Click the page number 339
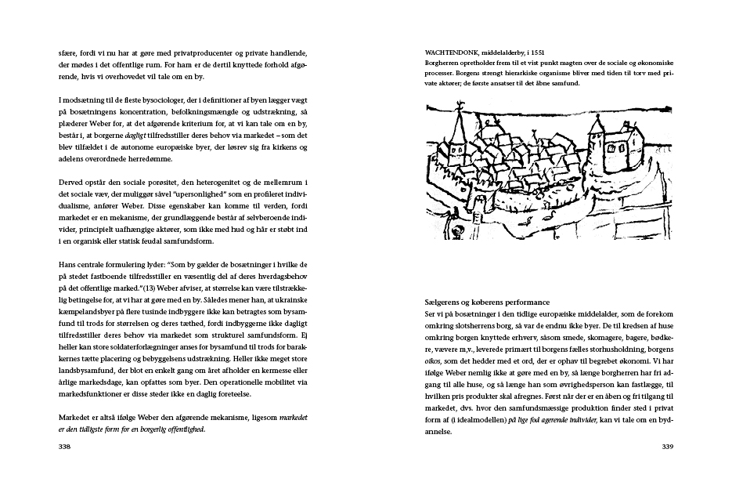[x=667, y=447]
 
